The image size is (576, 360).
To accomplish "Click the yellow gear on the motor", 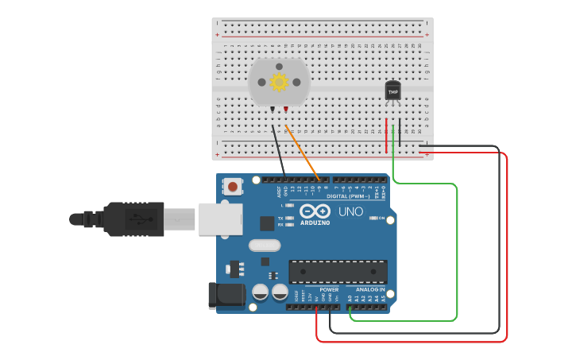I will point(279,82).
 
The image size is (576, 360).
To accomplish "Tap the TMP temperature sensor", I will point(392,91).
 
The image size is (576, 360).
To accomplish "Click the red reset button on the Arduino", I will point(233,187).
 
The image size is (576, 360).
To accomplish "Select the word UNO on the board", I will point(351,212).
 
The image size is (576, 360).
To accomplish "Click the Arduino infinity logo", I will point(315,211).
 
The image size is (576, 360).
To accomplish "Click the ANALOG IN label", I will point(370,289).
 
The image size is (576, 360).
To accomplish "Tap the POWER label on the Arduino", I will point(329,289).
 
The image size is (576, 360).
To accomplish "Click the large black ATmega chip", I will point(338,271).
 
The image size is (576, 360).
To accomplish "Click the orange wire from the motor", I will point(303,152).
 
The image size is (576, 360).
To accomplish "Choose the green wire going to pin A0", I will point(457,254).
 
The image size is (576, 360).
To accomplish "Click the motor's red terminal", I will point(285,109).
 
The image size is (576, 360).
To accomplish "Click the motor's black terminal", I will point(273,109).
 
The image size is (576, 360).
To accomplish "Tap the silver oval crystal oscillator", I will point(265,246).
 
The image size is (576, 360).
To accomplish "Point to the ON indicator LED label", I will point(382,218).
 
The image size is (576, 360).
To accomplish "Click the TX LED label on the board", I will point(280,217).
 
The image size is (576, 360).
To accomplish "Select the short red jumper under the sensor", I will point(387,136).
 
